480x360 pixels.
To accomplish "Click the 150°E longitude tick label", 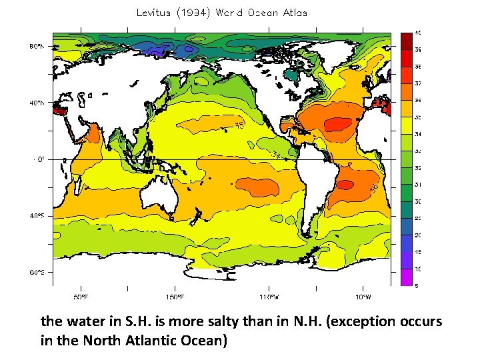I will (176, 297).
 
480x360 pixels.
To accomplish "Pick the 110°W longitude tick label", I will (269, 297).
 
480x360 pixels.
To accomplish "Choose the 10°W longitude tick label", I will (363, 297).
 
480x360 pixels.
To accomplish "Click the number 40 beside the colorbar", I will (417, 33).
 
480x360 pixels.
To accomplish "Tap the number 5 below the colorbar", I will (417, 287).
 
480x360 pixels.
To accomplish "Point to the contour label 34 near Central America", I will (276, 155).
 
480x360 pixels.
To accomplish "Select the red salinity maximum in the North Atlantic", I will (339, 123).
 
